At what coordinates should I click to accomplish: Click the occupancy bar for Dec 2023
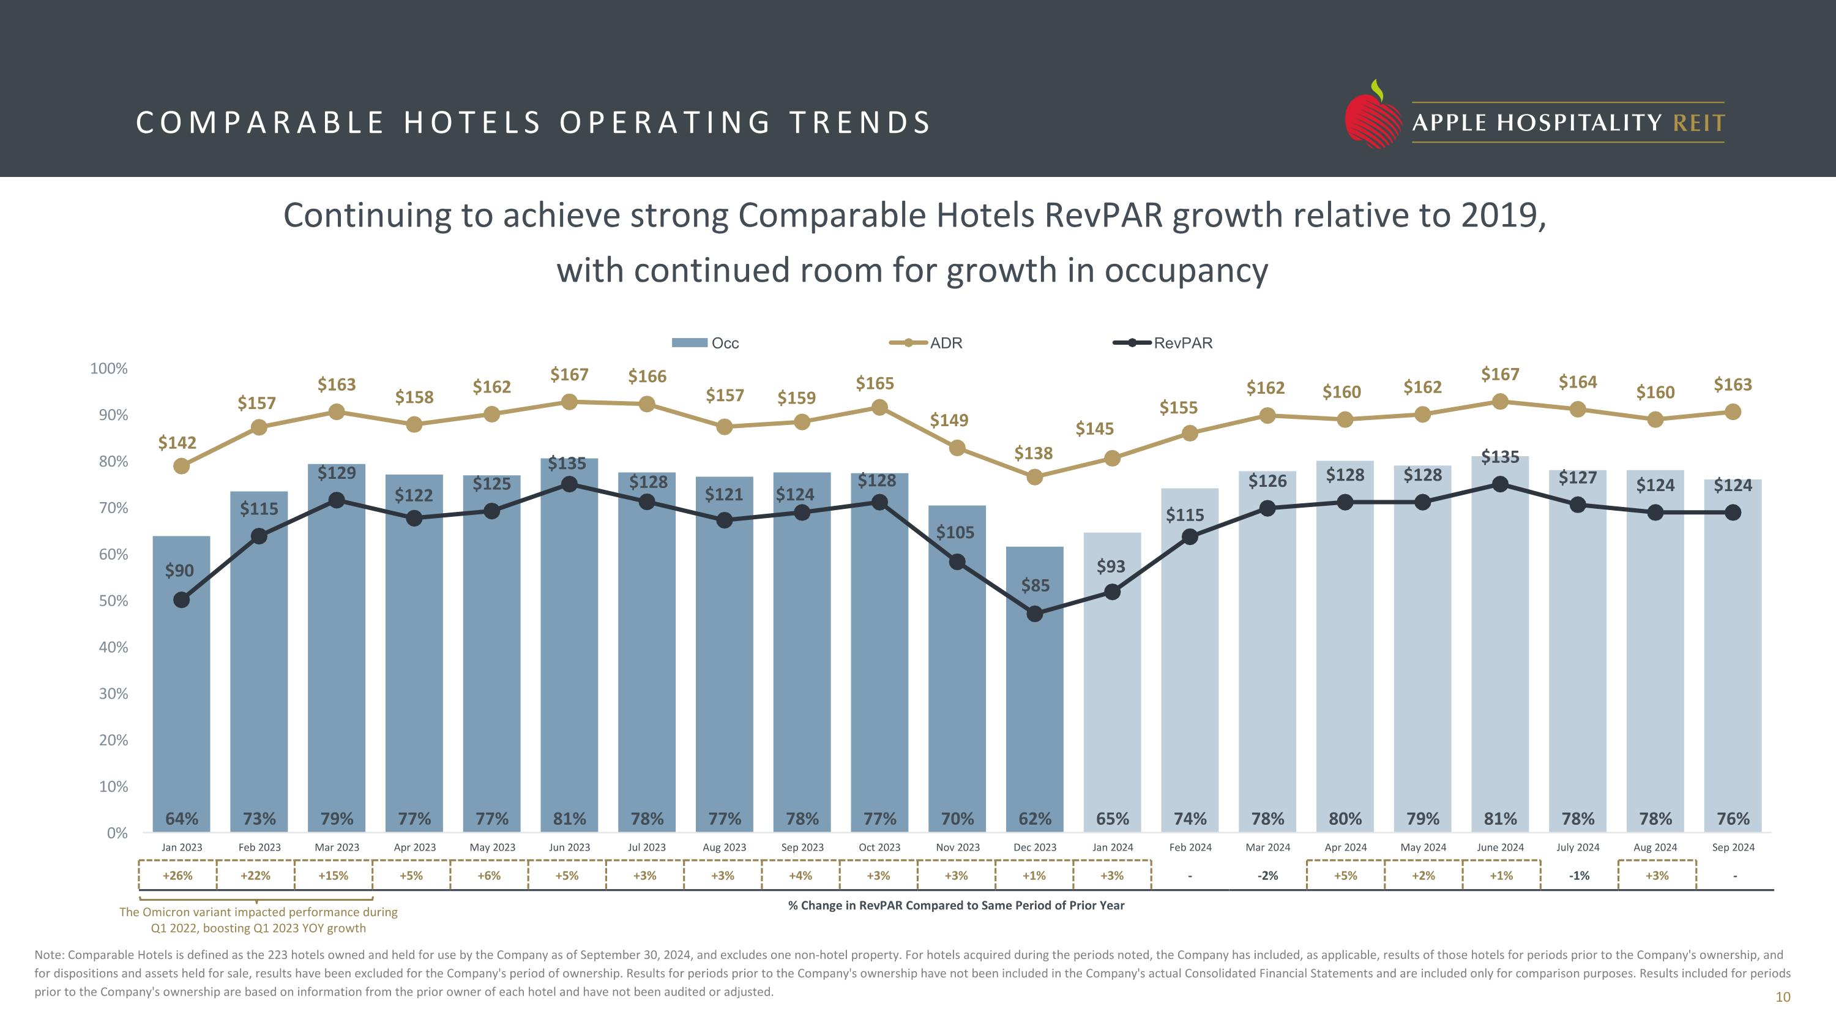click(1034, 699)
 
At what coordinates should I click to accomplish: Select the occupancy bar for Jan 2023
click(182, 699)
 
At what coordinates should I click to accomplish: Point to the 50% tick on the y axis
click(113, 601)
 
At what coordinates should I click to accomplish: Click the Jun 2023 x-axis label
click(570, 847)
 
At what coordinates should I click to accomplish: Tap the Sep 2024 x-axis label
click(1733, 847)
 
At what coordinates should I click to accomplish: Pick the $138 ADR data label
click(1034, 453)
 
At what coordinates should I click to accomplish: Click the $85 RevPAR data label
click(1035, 585)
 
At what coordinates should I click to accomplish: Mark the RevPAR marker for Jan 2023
click(182, 600)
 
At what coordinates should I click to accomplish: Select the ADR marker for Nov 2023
click(957, 448)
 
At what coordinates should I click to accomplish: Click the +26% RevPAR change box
click(177, 876)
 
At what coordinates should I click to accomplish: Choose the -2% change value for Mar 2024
click(1267, 876)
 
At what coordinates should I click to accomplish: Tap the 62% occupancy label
click(1034, 819)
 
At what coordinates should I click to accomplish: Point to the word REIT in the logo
click(1698, 123)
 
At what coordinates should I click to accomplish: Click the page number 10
click(1783, 997)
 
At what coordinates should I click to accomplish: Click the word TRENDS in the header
click(860, 122)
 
